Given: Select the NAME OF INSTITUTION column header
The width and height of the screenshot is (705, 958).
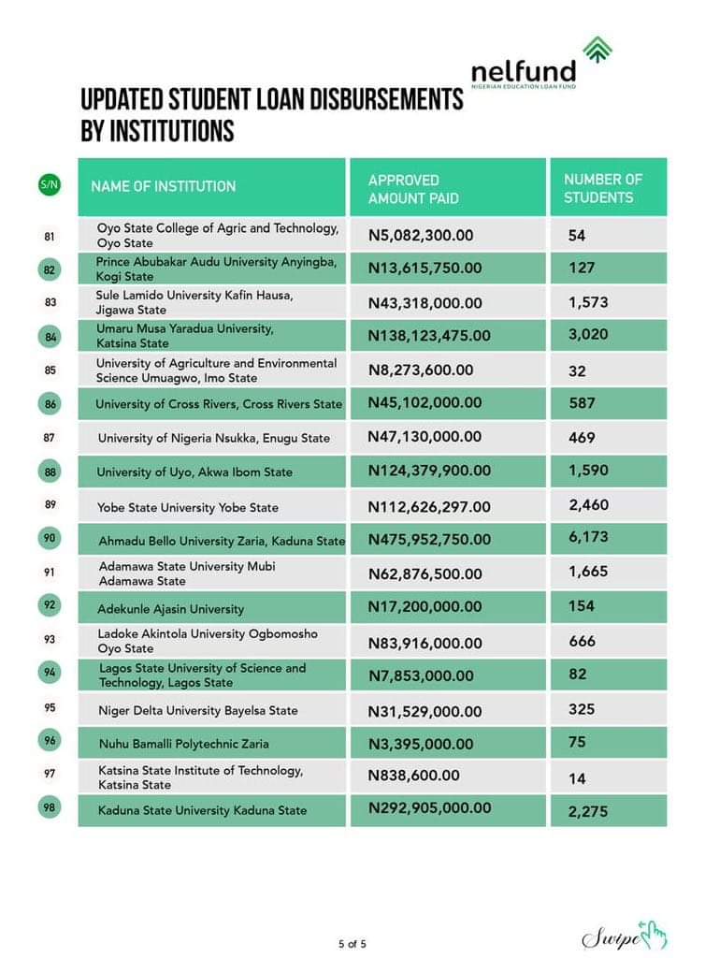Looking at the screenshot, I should pos(164,186).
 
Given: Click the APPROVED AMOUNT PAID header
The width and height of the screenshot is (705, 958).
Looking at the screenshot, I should pos(413,188).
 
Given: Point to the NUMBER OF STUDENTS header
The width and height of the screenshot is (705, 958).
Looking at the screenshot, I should pos(603,188).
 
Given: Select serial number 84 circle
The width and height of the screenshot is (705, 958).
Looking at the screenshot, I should pos(50,337).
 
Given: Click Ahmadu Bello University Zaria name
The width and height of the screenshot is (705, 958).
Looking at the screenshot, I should pos(222,541).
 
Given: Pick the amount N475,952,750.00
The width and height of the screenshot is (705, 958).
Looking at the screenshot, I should pos(429,539).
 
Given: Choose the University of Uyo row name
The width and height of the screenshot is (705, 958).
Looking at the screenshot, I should pos(195,472).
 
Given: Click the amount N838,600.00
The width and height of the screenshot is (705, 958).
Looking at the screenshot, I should pos(414,776).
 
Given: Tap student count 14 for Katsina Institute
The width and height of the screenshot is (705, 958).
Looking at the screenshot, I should pos(577,777).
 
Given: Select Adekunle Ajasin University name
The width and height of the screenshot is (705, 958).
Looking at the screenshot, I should pos(171,609).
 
